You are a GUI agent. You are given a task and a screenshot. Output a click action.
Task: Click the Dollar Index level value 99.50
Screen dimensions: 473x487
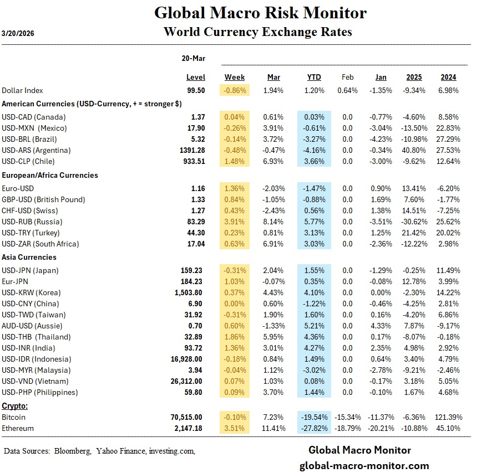point(196,90)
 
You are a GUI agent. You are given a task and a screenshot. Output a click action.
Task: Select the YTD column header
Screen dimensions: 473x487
point(314,78)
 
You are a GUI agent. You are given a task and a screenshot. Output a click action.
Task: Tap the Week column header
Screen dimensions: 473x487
point(235,78)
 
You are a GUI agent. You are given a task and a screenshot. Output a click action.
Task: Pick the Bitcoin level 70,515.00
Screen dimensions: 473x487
point(187,417)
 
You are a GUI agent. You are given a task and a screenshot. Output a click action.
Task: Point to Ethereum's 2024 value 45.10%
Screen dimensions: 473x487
point(448,428)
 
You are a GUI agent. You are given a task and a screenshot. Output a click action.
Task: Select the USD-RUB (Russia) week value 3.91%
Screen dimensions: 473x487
point(235,222)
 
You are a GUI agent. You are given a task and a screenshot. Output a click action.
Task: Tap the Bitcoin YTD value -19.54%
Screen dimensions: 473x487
point(313,417)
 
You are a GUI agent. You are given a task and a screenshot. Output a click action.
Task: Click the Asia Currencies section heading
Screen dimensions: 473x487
point(29,257)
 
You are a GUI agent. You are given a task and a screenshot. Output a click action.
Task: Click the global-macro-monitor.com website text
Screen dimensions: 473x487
point(364,466)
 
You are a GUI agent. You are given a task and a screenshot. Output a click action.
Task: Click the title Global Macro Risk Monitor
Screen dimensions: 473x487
point(260,13)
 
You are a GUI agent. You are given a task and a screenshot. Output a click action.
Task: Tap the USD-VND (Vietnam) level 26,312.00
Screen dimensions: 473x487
point(187,382)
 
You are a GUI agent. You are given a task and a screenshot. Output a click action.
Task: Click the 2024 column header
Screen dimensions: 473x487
point(448,78)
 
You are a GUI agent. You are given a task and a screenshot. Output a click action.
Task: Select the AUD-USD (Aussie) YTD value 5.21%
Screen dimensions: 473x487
point(314,326)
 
